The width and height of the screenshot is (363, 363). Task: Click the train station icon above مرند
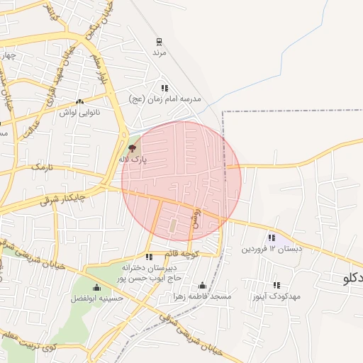[159, 41]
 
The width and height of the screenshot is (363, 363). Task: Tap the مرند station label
[159, 52]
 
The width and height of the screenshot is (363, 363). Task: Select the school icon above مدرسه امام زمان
[164, 89]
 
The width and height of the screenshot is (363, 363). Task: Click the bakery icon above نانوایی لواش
[79, 102]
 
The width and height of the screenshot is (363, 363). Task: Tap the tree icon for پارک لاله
[132, 148]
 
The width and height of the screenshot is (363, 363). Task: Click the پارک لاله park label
[133, 160]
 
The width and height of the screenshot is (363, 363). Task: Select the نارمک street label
[42, 168]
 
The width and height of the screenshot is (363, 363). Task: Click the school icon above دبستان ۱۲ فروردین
[272, 238]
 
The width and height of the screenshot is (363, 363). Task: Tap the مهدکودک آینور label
[277, 296]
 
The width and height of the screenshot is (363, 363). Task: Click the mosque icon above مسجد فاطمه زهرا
[203, 285]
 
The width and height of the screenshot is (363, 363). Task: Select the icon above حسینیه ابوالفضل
[97, 287]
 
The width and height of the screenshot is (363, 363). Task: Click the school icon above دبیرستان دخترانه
[149, 257]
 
